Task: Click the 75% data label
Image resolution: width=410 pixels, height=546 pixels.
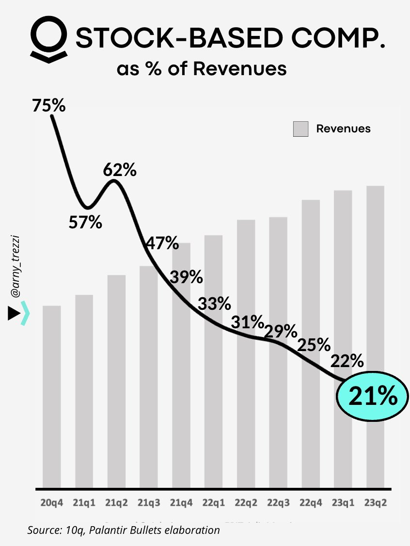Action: [48, 105]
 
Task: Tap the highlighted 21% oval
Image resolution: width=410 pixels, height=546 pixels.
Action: [372, 397]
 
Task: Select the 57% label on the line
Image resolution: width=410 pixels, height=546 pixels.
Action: [85, 223]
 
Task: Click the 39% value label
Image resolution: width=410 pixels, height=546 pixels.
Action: [186, 277]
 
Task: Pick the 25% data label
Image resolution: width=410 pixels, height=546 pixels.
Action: [314, 345]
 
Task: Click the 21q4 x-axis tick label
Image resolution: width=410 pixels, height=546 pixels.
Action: [181, 503]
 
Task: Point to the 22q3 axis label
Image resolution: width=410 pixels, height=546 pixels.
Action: [278, 503]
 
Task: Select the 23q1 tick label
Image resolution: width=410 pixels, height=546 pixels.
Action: [343, 503]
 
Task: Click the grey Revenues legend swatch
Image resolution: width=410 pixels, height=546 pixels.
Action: [300, 129]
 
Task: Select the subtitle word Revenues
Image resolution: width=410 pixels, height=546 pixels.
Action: [240, 69]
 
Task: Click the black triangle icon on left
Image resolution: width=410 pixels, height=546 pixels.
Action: [14, 314]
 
